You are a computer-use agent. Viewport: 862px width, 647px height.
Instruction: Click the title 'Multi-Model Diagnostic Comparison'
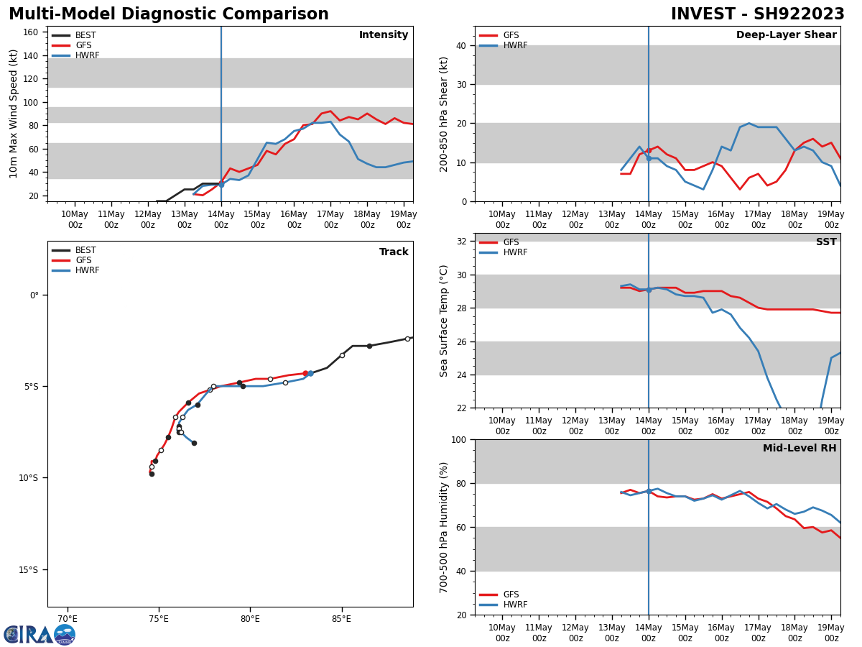pyautogui.click(x=169, y=14)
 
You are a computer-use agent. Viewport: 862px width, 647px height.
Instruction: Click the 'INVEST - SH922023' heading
pyautogui.click(x=757, y=14)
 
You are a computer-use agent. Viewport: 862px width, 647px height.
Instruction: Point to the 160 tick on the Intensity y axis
pyautogui.click(x=31, y=32)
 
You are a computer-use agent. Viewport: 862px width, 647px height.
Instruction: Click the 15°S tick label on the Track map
pyautogui.click(x=28, y=570)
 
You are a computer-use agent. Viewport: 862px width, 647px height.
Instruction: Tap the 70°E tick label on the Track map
pyautogui.click(x=68, y=619)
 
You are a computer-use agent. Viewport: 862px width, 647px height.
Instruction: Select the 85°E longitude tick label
pyautogui.click(x=341, y=619)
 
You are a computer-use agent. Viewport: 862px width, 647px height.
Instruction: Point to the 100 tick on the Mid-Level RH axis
pyautogui.click(x=458, y=439)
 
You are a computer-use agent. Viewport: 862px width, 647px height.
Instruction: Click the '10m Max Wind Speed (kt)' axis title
pyautogui.click(x=14, y=114)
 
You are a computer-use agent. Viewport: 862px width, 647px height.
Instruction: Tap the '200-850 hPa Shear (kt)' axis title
pyautogui.click(x=444, y=114)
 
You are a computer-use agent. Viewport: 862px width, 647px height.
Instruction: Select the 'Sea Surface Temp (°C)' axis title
pyautogui.click(x=444, y=321)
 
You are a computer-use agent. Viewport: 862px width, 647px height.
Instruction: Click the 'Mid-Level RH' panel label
pyautogui.click(x=800, y=449)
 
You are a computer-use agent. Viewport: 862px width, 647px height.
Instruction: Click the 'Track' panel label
pyautogui.click(x=394, y=252)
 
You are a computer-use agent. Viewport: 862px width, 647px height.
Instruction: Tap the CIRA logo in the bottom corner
pyautogui.click(x=40, y=634)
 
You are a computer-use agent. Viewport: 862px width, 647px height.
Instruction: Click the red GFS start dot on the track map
pyautogui.click(x=305, y=373)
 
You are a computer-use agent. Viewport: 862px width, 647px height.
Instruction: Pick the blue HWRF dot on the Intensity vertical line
pyautogui.click(x=221, y=185)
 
